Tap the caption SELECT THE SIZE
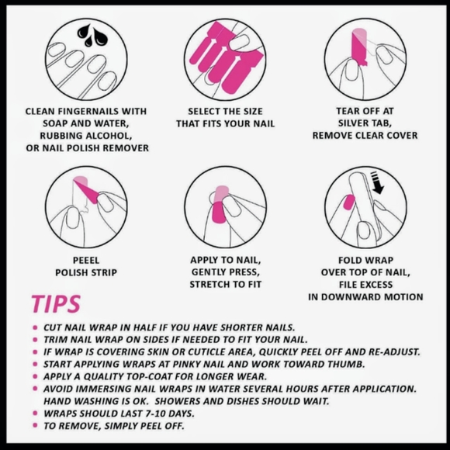225,111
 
